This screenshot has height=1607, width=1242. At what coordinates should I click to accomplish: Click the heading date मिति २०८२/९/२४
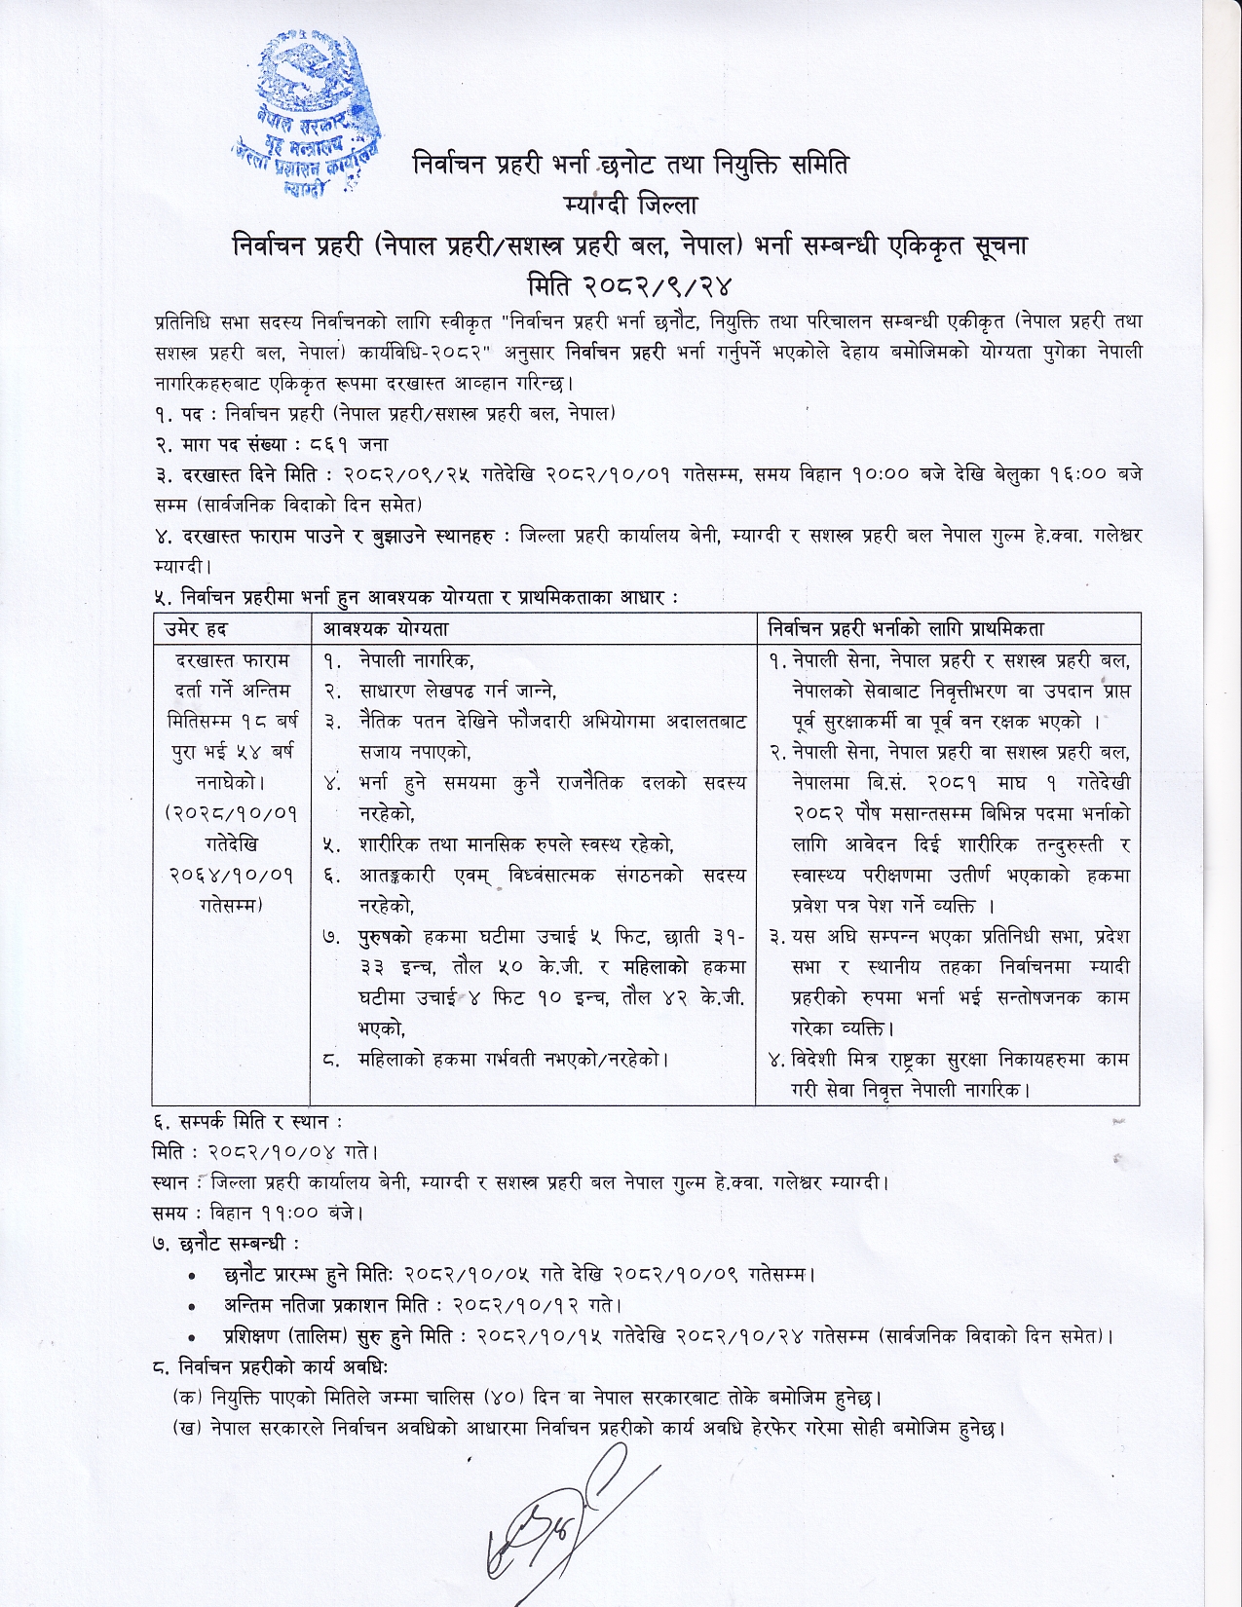point(628,284)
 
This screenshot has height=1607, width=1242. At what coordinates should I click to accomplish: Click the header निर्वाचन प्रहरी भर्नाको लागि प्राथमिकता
point(906,630)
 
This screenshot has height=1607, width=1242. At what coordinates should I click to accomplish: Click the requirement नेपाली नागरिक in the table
point(416,660)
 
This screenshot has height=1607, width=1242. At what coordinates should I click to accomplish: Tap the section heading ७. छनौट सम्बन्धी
point(227,1244)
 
